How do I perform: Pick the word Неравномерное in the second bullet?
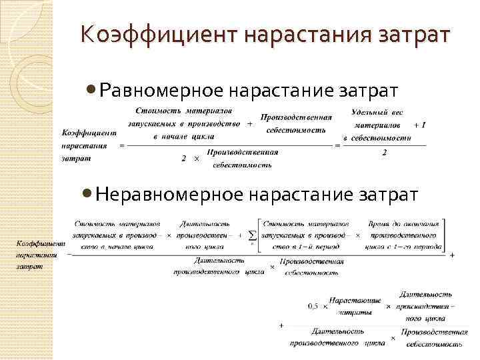point(169,194)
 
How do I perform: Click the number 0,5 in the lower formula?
point(313,307)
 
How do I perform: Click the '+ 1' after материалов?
point(419,125)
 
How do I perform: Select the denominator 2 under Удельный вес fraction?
point(384,152)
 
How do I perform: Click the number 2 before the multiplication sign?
point(183,159)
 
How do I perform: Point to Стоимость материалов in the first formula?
point(184,110)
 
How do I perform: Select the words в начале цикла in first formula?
point(184,136)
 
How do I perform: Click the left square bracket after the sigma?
point(258,235)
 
